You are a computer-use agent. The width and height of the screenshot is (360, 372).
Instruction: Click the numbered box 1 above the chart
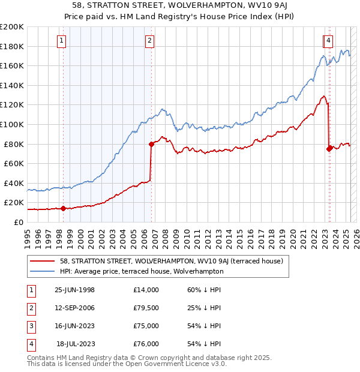62,41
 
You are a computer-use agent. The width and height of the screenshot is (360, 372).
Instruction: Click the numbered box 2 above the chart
149,41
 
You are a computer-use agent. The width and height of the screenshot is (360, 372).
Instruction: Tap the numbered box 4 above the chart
329,41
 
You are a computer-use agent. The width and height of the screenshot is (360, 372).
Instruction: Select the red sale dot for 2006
151,144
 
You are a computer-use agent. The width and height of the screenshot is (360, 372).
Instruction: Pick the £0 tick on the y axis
18,222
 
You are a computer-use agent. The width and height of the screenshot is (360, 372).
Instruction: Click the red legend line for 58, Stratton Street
42,261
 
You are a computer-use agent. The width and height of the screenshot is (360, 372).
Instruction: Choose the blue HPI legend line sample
42,271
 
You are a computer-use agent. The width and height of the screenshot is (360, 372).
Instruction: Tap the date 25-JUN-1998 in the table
74,290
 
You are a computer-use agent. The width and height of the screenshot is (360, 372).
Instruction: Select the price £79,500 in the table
146,308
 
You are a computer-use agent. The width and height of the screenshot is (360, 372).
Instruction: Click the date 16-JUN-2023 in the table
74,326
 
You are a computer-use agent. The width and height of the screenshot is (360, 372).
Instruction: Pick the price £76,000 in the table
146,344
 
